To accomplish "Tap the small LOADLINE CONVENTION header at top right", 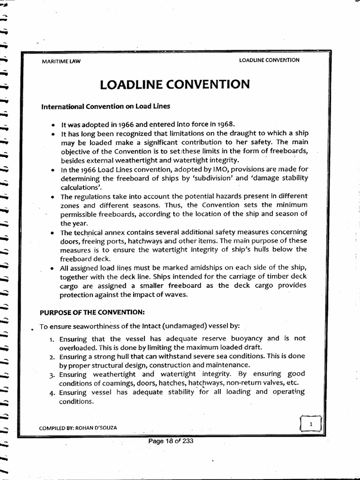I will pos(269,60).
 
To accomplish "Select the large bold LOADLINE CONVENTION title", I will pos(174,84).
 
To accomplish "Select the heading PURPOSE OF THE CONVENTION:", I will pos(90,312).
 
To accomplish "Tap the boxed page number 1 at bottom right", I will pos(310,424).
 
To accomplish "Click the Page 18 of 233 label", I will pos(171,441).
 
